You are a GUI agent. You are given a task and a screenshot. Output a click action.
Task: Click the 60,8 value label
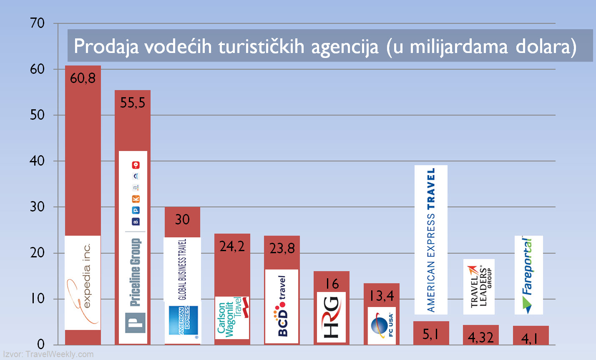tap(83, 78)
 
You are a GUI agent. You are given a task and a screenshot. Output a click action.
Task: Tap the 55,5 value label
tap(133, 103)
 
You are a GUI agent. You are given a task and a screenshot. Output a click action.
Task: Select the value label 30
tap(182, 219)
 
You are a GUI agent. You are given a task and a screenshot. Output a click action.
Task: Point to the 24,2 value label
tap(232, 247)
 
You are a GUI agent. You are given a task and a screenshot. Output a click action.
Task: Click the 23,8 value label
tap(282, 249)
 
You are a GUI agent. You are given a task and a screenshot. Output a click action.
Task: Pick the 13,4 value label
tap(381, 296)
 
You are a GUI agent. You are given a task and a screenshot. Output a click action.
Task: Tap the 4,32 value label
tap(480, 337)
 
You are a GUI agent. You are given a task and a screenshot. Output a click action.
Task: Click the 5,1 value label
tap(430, 334)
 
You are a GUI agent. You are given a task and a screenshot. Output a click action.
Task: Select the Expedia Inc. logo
tap(83, 282)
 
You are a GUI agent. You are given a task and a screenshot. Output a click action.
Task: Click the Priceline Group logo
tap(133, 247)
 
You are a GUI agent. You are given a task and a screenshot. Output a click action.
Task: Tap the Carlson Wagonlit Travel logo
tap(232, 317)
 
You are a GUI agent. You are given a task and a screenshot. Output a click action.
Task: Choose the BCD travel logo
tap(282, 307)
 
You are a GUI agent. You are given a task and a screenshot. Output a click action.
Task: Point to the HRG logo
tap(332, 317)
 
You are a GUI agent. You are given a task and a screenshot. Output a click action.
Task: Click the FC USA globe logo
tap(382, 326)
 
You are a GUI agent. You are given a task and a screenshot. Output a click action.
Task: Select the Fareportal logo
tap(528, 275)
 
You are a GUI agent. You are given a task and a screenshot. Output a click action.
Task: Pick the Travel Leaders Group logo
tap(479, 287)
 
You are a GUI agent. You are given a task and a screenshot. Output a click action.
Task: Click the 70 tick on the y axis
tap(38, 23)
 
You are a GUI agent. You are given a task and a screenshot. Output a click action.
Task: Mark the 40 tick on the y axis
tap(38, 161)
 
